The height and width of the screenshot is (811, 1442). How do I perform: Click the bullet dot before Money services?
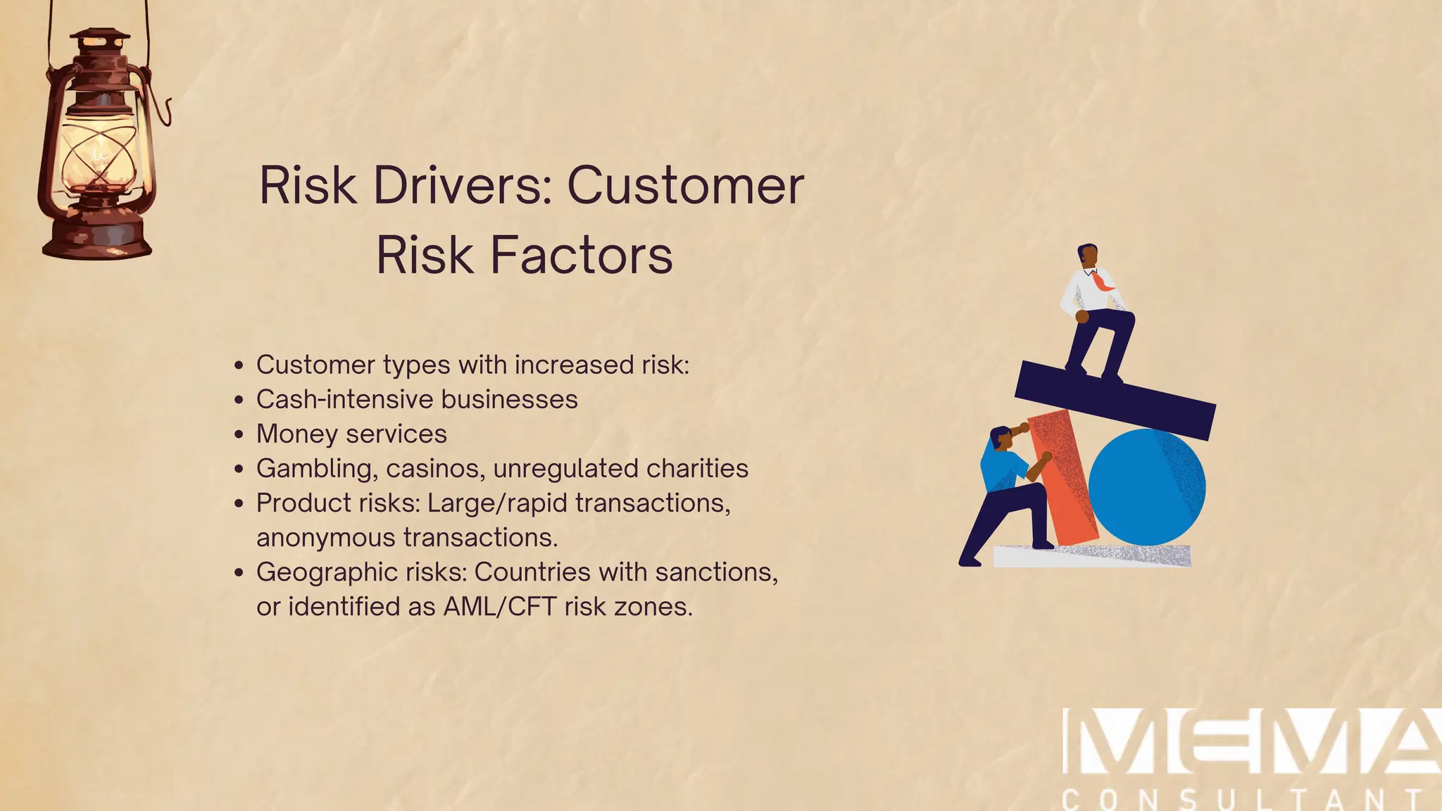tap(239, 434)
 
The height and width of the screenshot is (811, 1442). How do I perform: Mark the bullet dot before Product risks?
tap(239, 503)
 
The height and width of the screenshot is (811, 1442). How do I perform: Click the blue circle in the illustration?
tap(1147, 487)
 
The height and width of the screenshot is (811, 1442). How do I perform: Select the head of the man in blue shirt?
tap(1001, 438)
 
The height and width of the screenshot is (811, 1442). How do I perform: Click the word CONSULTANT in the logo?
tap(1243, 800)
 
